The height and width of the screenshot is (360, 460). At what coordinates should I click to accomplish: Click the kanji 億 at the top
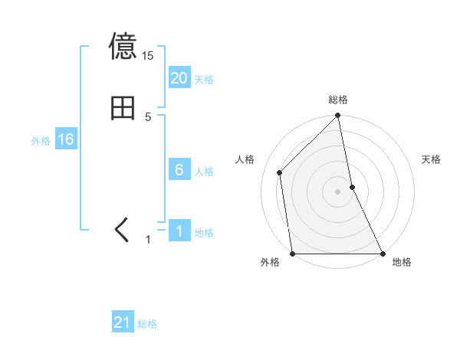click(x=123, y=47)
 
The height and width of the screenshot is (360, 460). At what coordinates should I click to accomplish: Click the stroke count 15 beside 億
click(x=148, y=56)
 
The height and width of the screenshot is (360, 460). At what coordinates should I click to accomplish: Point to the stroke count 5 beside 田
click(x=148, y=117)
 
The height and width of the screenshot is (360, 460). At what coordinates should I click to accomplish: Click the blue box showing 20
click(x=179, y=78)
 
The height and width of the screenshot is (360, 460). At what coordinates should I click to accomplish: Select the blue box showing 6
click(x=179, y=170)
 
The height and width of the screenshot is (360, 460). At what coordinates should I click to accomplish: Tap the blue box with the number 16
click(x=65, y=139)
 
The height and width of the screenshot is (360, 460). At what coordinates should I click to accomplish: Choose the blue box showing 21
click(x=123, y=322)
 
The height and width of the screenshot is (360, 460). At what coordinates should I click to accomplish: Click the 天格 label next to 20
click(x=204, y=80)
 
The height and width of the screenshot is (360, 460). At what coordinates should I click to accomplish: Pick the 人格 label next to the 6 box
click(x=204, y=172)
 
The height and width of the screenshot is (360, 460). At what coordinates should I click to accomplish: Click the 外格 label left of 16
click(x=41, y=141)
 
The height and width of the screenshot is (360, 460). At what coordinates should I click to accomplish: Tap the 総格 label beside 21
click(x=147, y=324)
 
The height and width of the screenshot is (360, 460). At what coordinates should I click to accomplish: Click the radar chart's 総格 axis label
click(x=338, y=100)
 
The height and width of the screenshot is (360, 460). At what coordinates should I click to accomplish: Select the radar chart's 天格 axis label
click(x=432, y=159)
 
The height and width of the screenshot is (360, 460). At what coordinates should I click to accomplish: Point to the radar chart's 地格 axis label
click(x=402, y=263)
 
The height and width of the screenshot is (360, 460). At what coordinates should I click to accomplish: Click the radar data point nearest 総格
click(x=338, y=116)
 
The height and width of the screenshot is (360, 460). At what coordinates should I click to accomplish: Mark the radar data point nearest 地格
click(x=383, y=254)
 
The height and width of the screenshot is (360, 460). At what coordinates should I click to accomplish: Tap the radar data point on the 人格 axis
click(x=280, y=172)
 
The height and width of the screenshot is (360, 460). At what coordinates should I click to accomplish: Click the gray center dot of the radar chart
click(x=338, y=191)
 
